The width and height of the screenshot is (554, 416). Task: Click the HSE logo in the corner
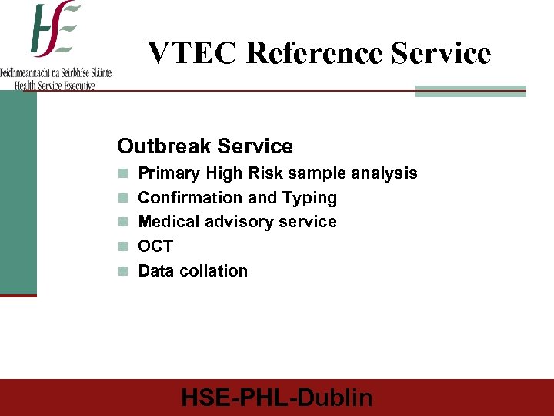pyautogui.click(x=55, y=31)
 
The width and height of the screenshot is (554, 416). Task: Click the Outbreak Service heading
pyautogui.click(x=205, y=146)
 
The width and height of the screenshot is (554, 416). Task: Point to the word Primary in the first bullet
pyautogui.click(x=169, y=173)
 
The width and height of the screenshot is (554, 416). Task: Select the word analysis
pyautogui.click(x=384, y=173)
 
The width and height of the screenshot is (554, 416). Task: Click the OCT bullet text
pyautogui.click(x=155, y=247)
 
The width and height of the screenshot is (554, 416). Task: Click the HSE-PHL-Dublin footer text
pyautogui.click(x=277, y=398)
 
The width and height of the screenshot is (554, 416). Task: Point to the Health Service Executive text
pyautogui.click(x=55, y=85)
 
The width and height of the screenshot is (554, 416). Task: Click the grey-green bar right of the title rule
pyautogui.click(x=470, y=91)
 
